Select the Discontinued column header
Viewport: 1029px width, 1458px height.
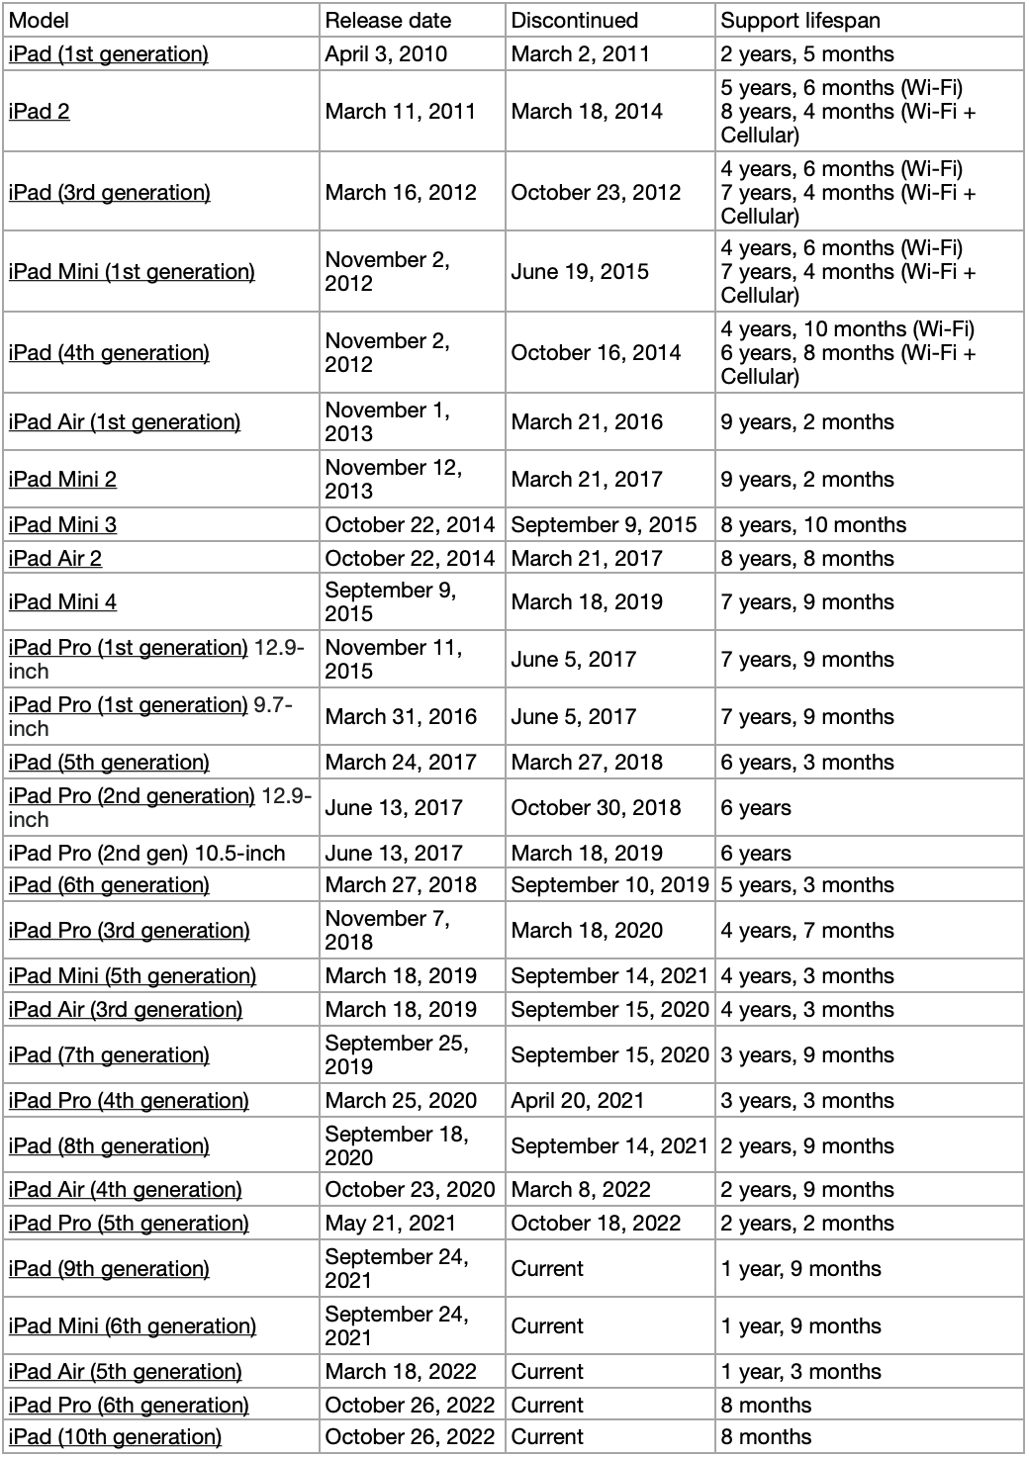click(x=574, y=21)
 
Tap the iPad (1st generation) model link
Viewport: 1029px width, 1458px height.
click(x=108, y=54)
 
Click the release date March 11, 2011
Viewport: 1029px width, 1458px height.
click(x=400, y=112)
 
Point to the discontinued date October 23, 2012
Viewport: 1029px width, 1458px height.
click(x=596, y=193)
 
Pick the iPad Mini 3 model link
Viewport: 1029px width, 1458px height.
click(x=62, y=525)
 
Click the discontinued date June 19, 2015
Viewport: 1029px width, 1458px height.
click(x=580, y=272)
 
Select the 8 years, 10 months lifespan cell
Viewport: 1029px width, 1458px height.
click(x=813, y=525)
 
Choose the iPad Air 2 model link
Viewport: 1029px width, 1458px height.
click(x=55, y=559)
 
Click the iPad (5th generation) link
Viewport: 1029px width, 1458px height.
click(x=109, y=763)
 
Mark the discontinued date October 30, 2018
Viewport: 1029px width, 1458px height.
click(x=596, y=808)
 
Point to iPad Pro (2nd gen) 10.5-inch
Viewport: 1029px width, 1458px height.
click(x=146, y=854)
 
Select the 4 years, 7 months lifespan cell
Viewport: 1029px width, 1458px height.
click(x=807, y=931)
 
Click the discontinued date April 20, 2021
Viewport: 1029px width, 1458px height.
click(x=577, y=1101)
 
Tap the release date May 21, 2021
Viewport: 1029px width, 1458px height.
click(x=390, y=1224)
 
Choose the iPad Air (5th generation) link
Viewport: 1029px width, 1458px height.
click(x=125, y=1372)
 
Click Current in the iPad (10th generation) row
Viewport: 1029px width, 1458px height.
click(x=547, y=1437)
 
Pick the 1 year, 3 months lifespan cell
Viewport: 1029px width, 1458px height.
click(x=800, y=1372)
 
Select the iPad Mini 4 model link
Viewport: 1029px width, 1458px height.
click(x=62, y=602)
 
